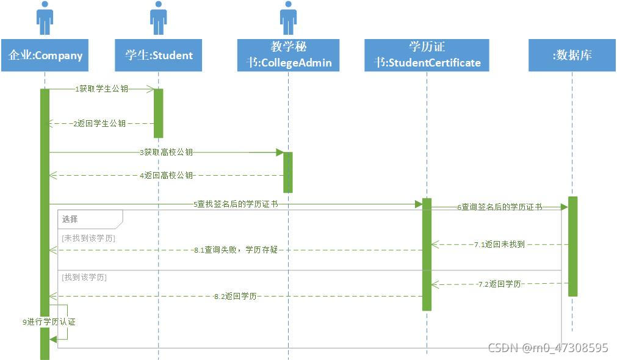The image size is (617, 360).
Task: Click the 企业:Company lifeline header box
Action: pos(45,56)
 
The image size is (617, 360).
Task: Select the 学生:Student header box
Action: pos(158,56)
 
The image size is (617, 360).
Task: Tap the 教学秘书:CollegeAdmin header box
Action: pos(288,56)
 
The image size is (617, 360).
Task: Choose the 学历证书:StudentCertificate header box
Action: pos(427,56)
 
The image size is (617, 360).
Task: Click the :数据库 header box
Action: pos(572,56)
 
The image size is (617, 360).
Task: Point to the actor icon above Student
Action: pos(158,18)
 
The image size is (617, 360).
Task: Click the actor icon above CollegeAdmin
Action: pos(288,18)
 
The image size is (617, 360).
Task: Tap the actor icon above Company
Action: pos(45,18)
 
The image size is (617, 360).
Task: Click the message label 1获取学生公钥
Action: pos(102,89)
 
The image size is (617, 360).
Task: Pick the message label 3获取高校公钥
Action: pos(166,152)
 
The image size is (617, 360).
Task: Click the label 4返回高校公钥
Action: pos(166,176)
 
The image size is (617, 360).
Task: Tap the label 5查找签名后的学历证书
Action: pos(236,204)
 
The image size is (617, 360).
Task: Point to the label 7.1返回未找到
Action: pos(499,245)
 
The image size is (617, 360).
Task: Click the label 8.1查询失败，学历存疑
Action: pos(236,250)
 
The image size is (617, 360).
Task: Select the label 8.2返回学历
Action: pos(235,297)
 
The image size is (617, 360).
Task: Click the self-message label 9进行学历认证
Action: pos(49,322)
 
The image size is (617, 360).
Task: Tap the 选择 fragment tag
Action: pos(70,218)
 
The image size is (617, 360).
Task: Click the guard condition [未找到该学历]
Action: pos(88,238)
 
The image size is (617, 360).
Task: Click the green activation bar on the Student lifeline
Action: pos(158,113)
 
